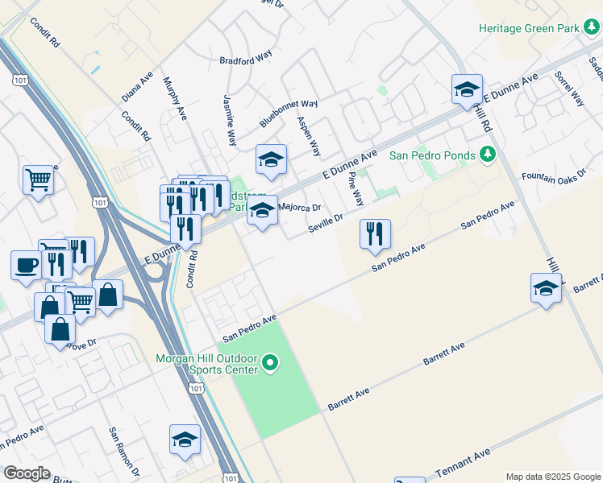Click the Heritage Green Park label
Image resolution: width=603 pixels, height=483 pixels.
click(530, 28)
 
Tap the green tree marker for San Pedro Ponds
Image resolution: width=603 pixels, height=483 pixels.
click(486, 154)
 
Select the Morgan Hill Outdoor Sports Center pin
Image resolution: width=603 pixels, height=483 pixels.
click(270, 364)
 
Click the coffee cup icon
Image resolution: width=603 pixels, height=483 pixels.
click(26, 265)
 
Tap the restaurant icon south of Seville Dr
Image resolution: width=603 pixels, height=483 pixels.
click(375, 233)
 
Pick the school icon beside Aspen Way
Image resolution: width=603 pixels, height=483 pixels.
click(272, 159)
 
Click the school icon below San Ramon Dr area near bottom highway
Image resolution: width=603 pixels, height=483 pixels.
click(185, 440)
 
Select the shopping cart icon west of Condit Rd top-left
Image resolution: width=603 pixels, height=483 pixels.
click(38, 180)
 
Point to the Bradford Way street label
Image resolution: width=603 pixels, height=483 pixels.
click(246, 60)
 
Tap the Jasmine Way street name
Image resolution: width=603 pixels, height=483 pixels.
click(230, 119)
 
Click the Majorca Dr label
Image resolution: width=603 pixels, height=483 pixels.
click(299, 207)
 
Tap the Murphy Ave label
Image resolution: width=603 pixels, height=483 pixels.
click(175, 99)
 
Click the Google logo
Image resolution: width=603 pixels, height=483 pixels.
click(27, 473)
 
